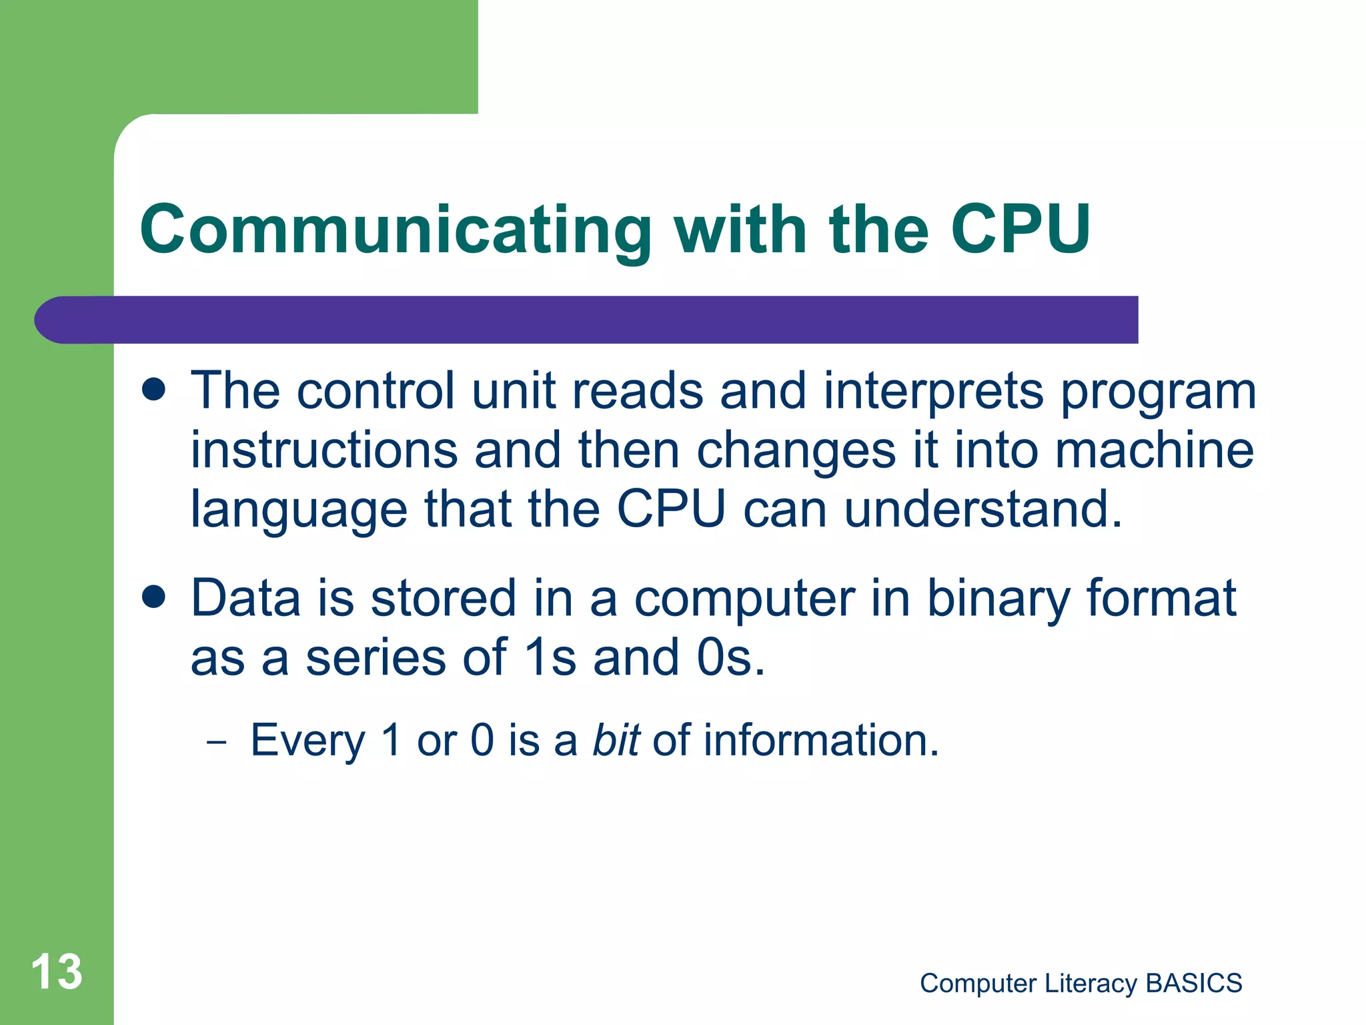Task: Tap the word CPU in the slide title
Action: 1020,230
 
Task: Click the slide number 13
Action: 57,972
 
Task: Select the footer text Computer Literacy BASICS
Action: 1081,983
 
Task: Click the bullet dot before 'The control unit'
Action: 154,390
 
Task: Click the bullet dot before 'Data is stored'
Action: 154,597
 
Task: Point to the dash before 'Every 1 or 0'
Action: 217,742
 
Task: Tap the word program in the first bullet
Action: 1158,392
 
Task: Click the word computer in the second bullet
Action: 744,599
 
